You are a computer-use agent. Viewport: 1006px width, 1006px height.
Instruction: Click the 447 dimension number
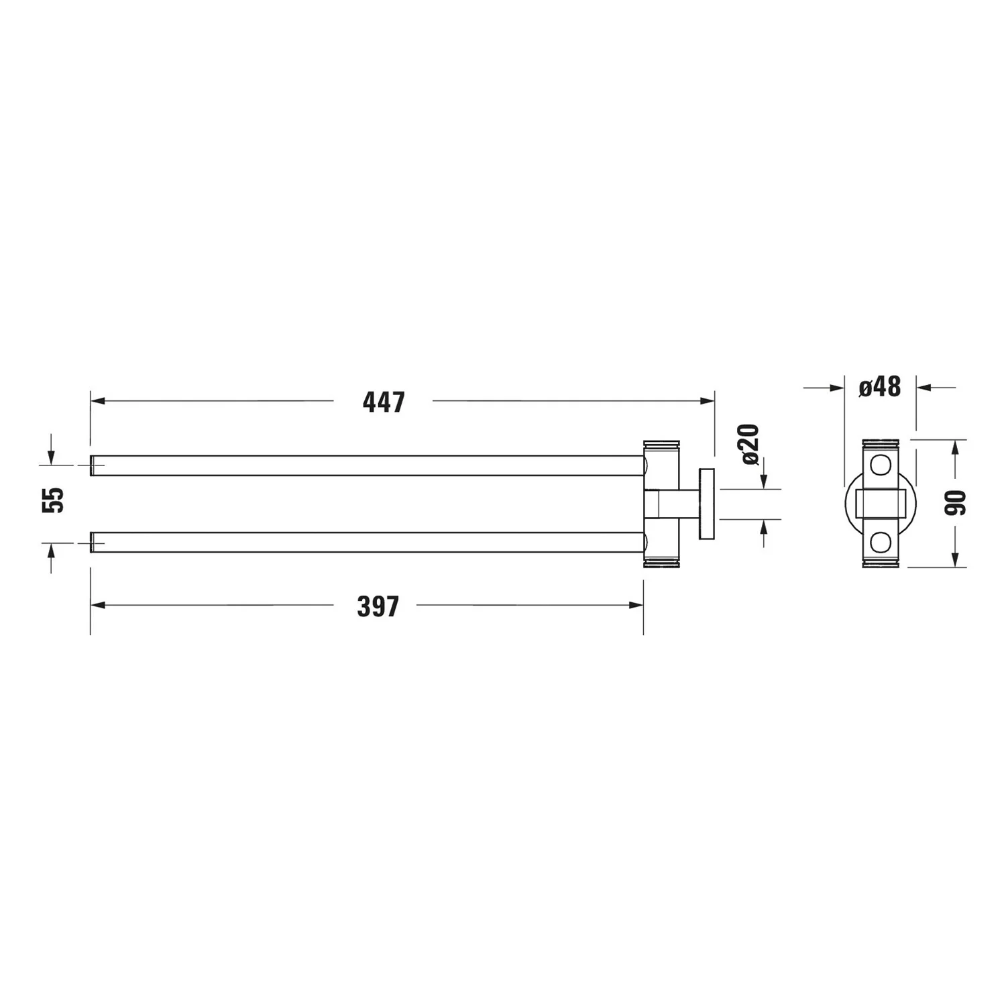[x=384, y=402]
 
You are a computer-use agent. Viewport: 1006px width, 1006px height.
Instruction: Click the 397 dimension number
[x=378, y=607]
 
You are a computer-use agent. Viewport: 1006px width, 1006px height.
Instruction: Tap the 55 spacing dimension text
[x=54, y=500]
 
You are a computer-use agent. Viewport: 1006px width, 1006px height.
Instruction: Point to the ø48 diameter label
[x=880, y=387]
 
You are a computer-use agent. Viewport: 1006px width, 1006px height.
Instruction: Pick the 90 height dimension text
[x=956, y=503]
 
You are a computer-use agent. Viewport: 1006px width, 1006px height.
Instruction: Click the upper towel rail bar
[x=368, y=465]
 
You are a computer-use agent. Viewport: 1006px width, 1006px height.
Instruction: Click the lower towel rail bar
[x=368, y=543]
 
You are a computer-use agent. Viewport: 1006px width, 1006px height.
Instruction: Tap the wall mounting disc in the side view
[x=706, y=504]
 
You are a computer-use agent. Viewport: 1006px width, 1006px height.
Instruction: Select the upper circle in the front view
[x=879, y=465]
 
